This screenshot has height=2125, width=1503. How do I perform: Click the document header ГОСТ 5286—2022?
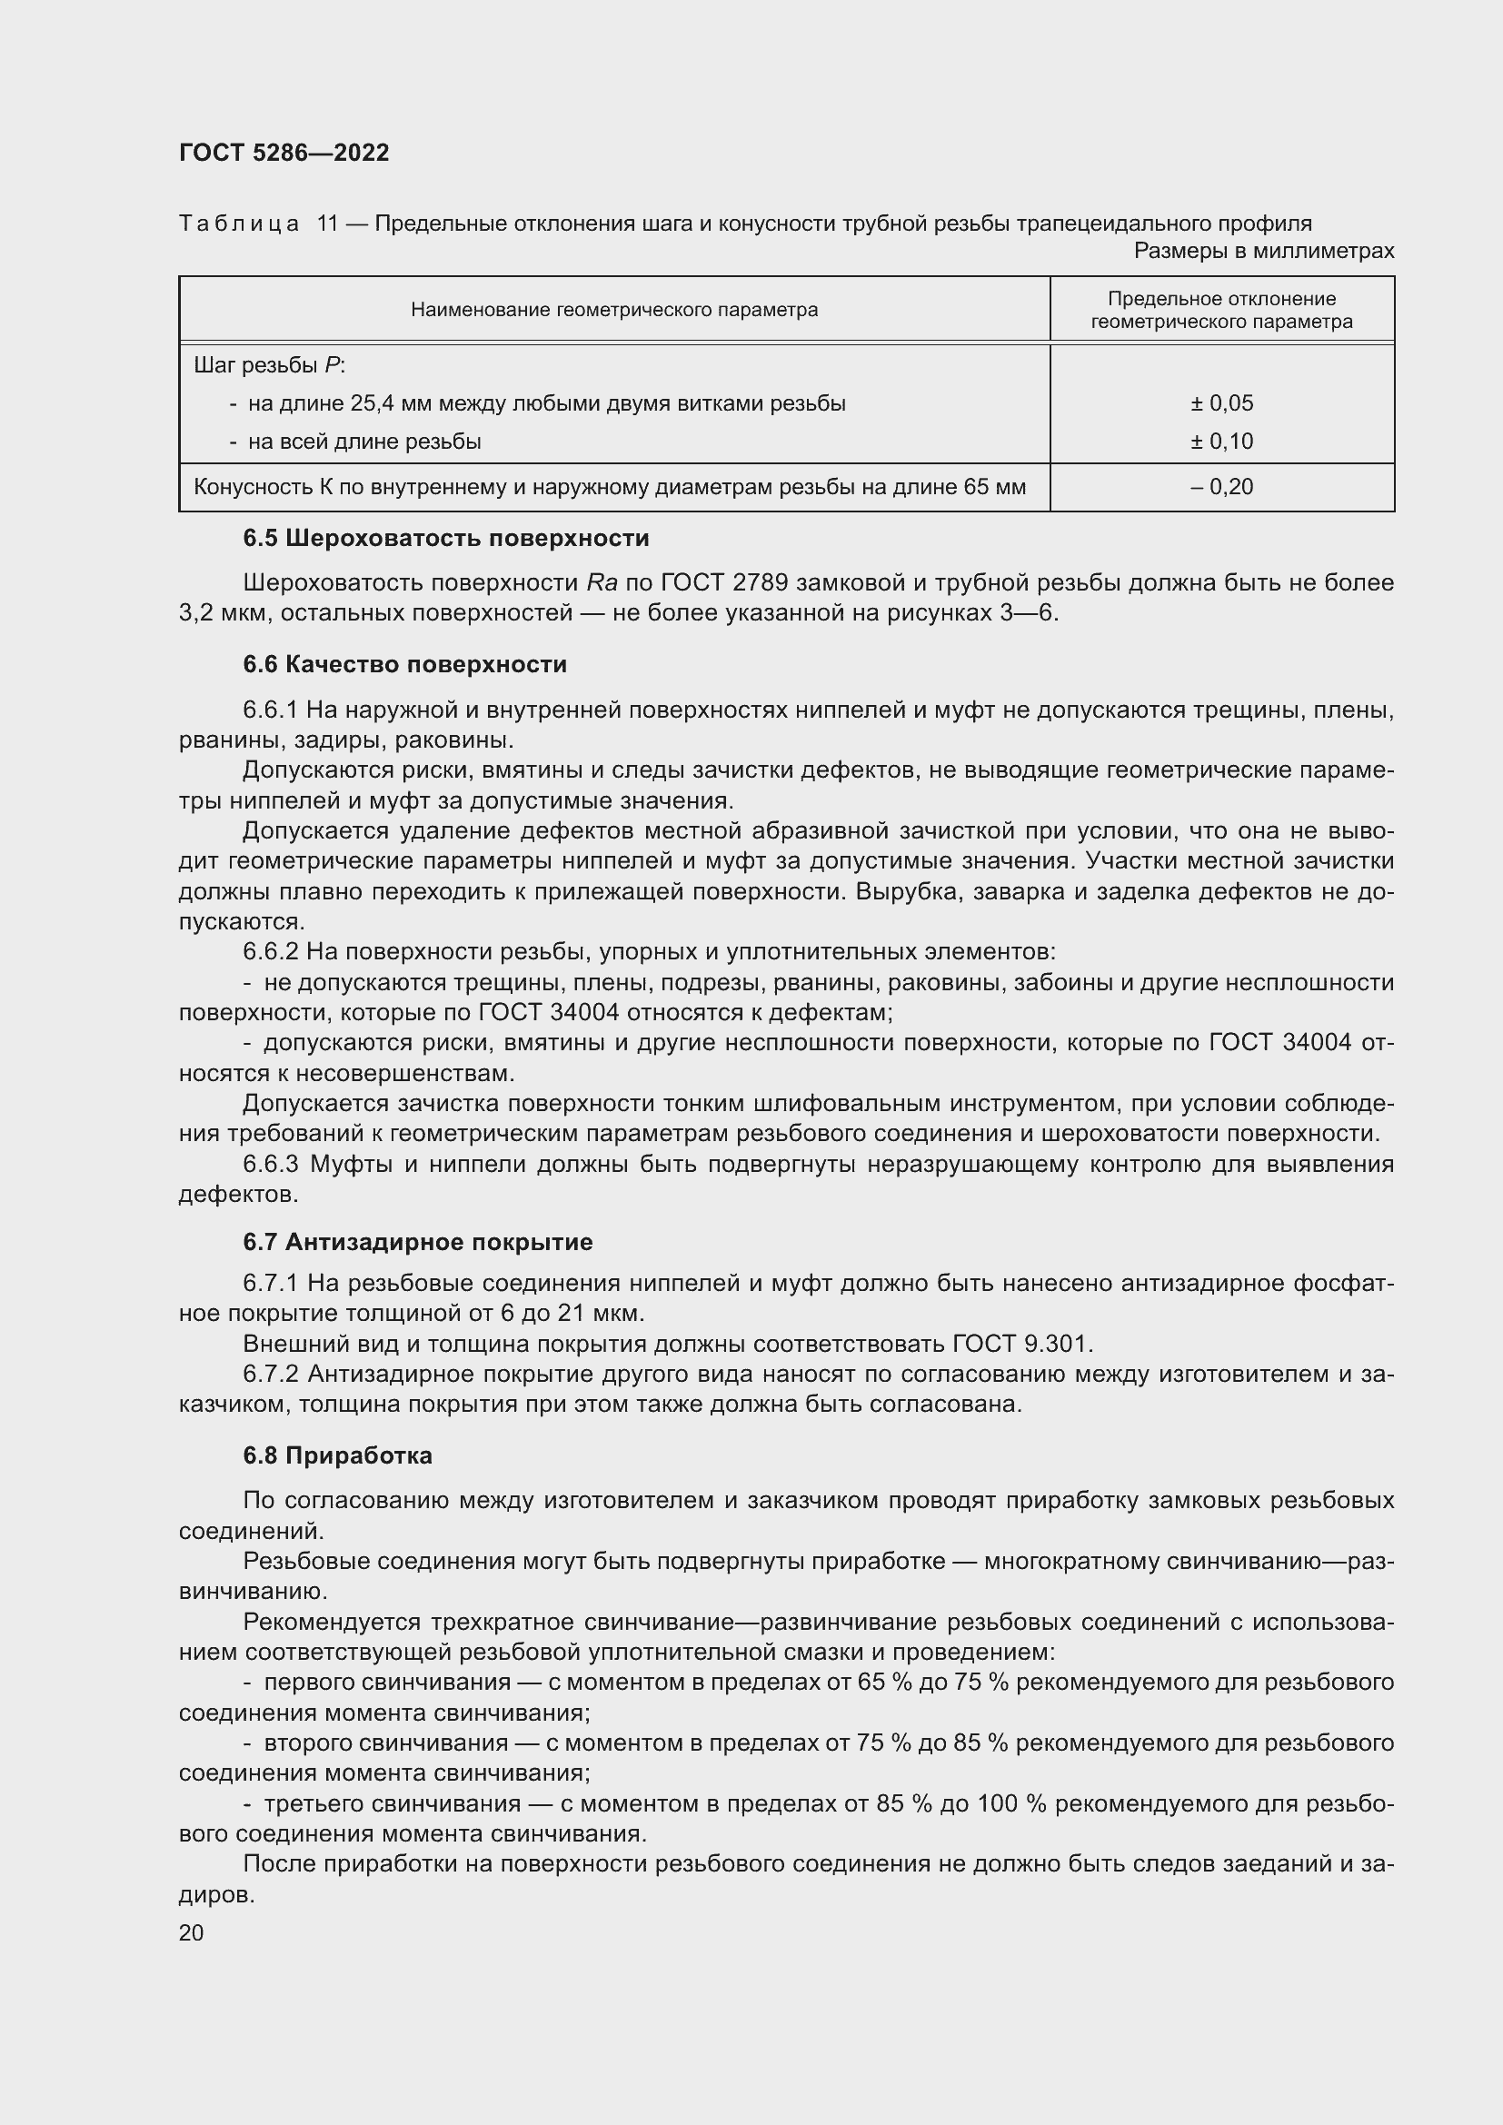point(284,153)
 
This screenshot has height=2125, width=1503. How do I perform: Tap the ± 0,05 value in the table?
point(1220,403)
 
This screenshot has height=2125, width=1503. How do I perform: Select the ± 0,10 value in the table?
point(1220,442)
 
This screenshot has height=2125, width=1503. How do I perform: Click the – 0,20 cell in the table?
point(1220,487)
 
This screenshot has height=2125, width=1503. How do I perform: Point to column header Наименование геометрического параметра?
point(613,310)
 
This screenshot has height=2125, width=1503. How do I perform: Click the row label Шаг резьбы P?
point(268,365)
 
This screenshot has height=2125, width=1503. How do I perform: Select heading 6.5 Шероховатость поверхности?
point(446,539)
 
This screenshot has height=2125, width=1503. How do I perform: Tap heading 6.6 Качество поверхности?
point(404,664)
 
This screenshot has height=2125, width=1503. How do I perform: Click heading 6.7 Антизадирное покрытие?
point(417,1242)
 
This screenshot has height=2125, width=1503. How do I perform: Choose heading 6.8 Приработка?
point(338,1455)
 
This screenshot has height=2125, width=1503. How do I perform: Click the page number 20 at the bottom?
point(192,1933)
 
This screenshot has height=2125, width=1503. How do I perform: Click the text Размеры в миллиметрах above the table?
point(1263,251)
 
